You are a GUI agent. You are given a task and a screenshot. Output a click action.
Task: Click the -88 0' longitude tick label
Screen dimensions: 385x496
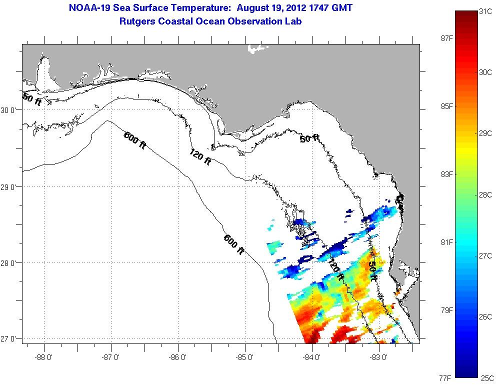44,357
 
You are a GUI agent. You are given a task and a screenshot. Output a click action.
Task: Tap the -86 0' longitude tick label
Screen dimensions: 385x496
178,357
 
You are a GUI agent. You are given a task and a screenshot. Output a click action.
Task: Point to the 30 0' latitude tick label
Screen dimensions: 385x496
10,110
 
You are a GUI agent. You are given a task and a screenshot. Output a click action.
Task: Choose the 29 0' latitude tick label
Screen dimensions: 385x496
10,187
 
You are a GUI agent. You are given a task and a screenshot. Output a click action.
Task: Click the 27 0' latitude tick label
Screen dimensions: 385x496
10,339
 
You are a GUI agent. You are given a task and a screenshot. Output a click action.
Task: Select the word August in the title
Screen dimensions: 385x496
255,8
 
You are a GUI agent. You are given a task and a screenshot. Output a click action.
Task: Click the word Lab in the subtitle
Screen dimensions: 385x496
293,21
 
